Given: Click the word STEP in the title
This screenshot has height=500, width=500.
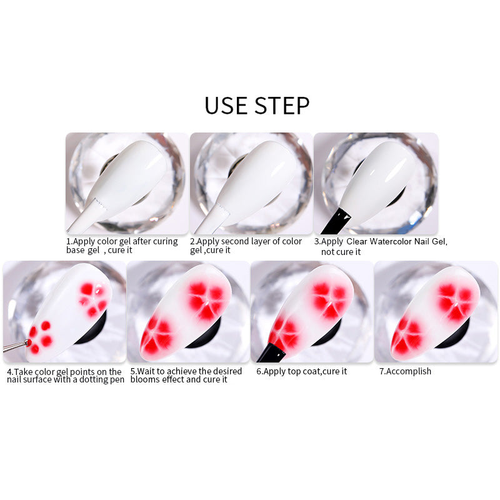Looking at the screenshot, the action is (282, 106).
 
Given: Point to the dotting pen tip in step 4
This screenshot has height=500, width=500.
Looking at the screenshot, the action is (28, 342).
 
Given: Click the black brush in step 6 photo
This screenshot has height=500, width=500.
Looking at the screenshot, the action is (271, 352).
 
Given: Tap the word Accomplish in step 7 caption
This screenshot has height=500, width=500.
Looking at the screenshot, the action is (409, 371).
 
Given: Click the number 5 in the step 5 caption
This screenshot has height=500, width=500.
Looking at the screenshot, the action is (132, 371).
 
